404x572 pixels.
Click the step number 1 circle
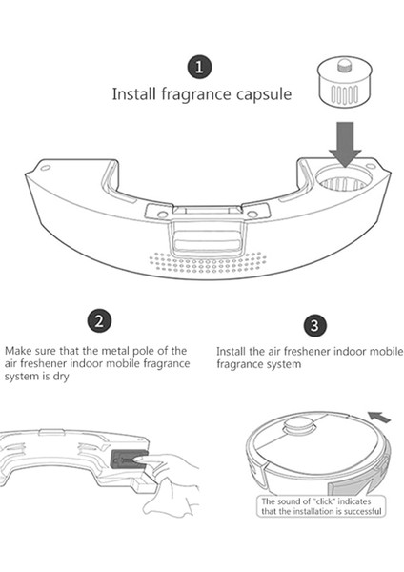click(199, 67)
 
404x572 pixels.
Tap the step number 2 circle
click(99, 321)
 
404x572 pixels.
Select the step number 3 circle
click(314, 325)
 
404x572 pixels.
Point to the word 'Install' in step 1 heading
click(134, 93)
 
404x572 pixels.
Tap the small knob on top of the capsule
click(344, 65)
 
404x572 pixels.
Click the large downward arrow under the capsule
click(345, 144)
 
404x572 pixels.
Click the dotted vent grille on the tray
click(208, 262)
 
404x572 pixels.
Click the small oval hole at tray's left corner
click(45, 168)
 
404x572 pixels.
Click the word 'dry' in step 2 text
click(61, 377)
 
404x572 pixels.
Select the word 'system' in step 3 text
click(283, 364)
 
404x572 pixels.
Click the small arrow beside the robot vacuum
click(379, 417)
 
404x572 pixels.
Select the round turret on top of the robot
click(299, 425)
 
